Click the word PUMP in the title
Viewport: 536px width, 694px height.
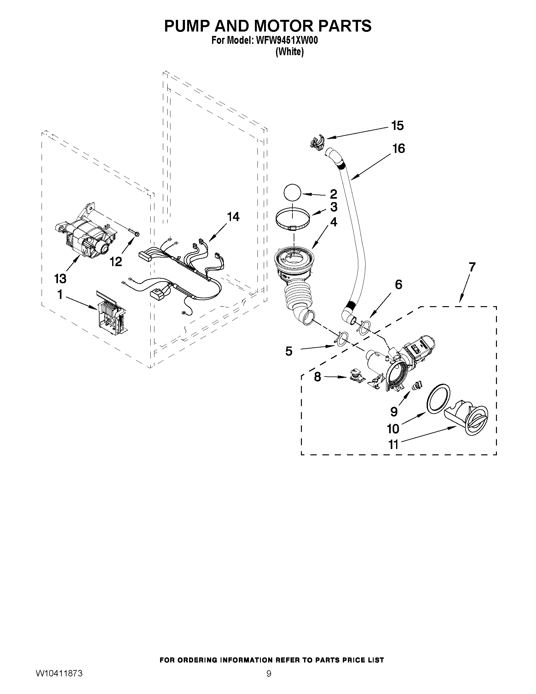187,26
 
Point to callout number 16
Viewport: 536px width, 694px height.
399,149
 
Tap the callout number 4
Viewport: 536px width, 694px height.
333,222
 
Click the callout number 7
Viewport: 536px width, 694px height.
472,267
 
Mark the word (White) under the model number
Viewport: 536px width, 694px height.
289,52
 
